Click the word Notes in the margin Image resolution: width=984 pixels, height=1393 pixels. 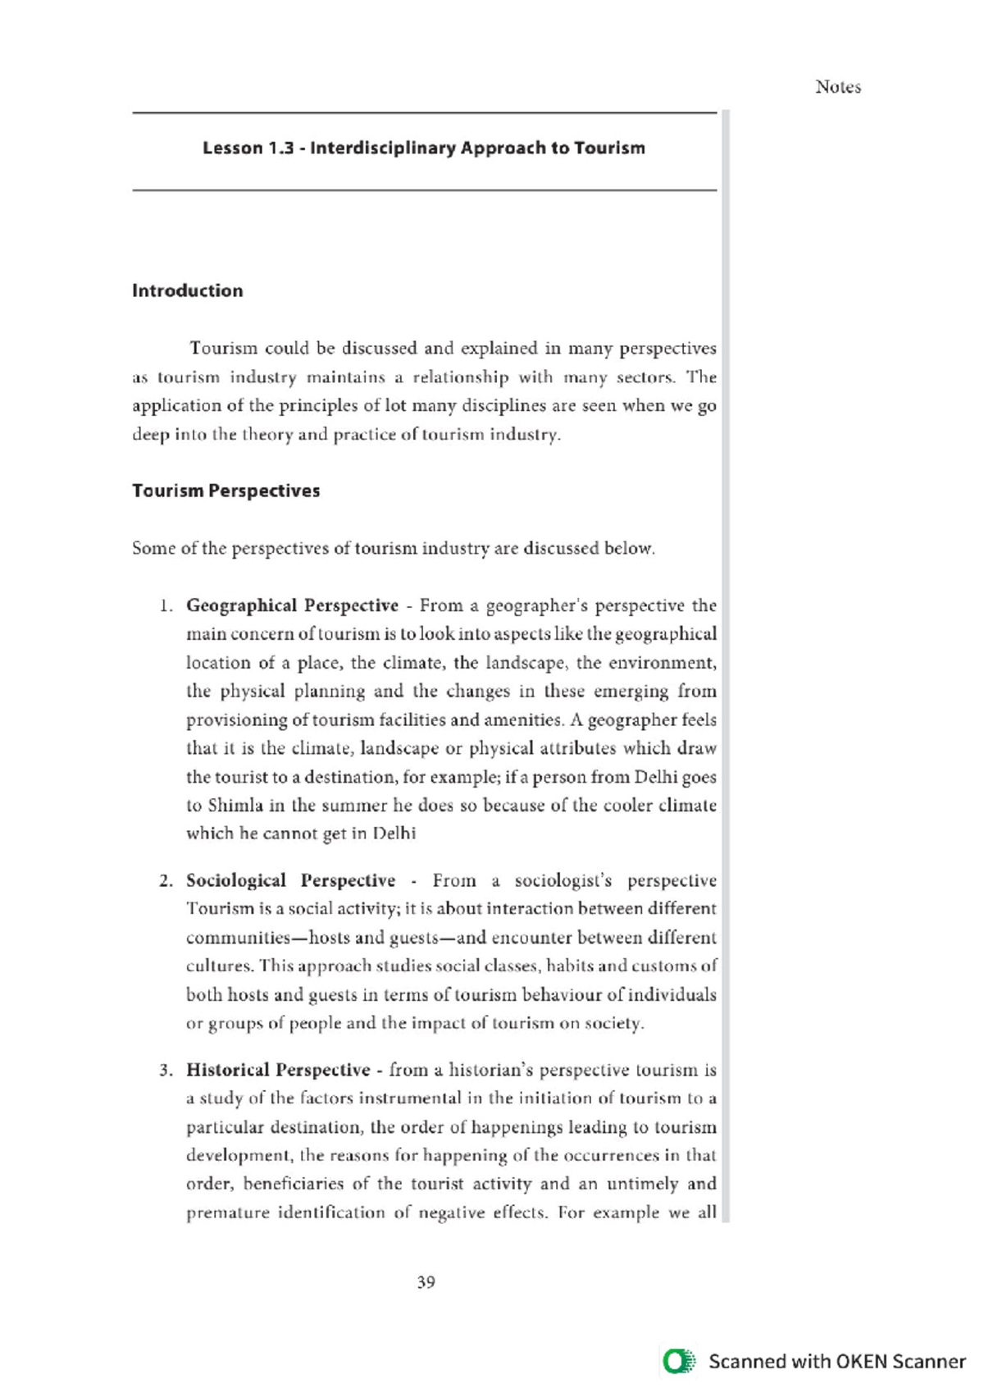coord(837,87)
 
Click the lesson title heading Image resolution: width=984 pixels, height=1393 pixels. coord(424,148)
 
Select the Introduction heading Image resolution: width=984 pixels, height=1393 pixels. coord(187,290)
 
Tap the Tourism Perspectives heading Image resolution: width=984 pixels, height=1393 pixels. coord(225,491)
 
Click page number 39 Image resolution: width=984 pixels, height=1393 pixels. coord(426,1282)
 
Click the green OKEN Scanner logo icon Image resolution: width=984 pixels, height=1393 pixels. coord(678,1361)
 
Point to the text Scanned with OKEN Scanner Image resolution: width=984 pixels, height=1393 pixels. coord(836,1361)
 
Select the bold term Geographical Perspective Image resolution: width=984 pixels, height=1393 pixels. coord(292,605)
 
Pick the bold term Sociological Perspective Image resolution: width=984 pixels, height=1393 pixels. coord(290,880)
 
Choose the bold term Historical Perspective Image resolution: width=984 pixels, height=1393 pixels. coord(278,1070)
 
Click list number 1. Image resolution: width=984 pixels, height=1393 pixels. coord(166,606)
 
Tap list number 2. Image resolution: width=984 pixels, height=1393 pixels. coord(166,881)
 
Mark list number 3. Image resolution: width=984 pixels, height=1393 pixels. coord(166,1071)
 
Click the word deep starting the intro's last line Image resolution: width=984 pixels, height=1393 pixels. coord(149,435)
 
